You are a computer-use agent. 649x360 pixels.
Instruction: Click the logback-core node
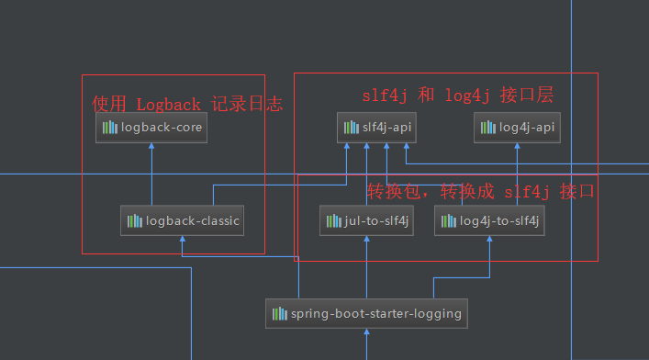[151, 128]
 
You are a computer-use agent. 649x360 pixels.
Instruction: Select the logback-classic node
[182, 220]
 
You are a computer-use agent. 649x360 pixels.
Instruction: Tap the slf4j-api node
[376, 128]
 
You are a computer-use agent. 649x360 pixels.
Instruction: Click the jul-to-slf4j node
[367, 220]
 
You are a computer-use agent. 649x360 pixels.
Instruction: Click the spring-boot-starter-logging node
[366, 313]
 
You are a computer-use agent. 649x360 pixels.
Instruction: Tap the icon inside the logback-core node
[109, 128]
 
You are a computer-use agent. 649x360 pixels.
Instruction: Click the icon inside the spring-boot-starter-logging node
[279, 313]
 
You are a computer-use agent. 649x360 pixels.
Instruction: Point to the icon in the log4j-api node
[488, 128]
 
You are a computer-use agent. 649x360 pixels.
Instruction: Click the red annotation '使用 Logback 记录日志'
[187, 104]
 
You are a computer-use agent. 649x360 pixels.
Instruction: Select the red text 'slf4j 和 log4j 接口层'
[456, 95]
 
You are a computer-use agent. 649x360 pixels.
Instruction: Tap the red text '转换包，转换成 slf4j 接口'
[481, 192]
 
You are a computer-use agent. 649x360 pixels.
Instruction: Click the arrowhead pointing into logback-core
[151, 147]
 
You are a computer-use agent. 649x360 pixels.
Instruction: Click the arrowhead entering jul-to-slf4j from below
[367, 240]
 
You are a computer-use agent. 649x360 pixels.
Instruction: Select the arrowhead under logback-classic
[182, 240]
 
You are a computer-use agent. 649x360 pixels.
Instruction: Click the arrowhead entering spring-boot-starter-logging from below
[366, 332]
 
